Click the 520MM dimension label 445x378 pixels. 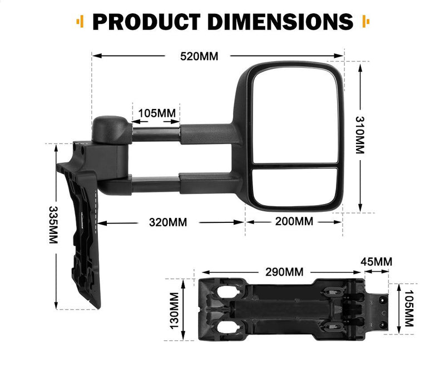(x=199, y=56)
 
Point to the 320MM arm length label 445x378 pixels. (x=168, y=222)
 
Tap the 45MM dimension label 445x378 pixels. (x=376, y=262)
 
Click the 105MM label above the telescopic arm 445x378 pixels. (x=156, y=113)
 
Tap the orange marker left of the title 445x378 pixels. (x=81, y=22)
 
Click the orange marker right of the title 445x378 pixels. (x=365, y=22)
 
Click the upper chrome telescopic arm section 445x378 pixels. (x=156, y=133)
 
